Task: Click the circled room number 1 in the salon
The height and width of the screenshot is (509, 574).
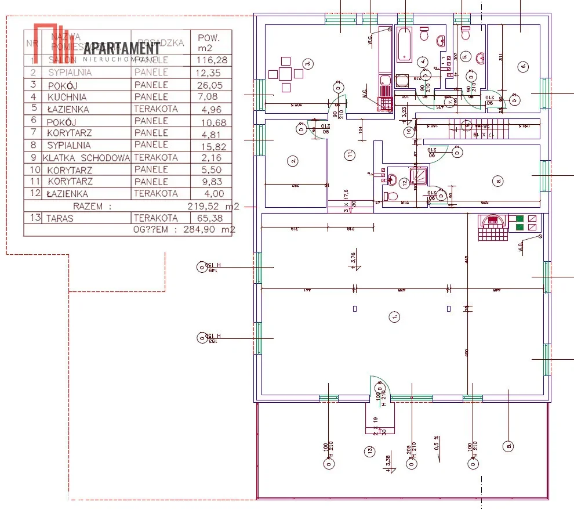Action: [x=394, y=317]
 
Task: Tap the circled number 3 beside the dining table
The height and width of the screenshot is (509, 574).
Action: [x=308, y=64]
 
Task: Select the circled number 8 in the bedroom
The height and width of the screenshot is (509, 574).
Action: [x=499, y=181]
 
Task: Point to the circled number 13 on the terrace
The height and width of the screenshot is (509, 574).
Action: [x=368, y=450]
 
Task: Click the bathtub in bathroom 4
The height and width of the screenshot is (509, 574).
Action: [x=404, y=44]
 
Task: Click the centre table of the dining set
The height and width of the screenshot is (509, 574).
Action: [x=285, y=74]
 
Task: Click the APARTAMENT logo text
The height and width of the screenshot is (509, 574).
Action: [x=122, y=48]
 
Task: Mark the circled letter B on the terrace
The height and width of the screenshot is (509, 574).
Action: [x=508, y=446]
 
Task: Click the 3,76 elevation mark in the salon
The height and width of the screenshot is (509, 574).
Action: [x=354, y=258]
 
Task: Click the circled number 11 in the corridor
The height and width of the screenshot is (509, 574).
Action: [x=349, y=155]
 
